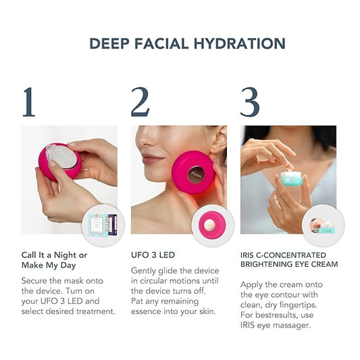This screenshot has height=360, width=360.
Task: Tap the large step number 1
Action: point(28,102)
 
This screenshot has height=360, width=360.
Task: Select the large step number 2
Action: point(140,102)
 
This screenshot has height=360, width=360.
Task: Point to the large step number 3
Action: point(250,102)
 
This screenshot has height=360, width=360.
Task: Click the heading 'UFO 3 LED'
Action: point(154,255)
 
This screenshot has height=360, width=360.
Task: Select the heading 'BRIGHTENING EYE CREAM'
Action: point(289,264)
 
